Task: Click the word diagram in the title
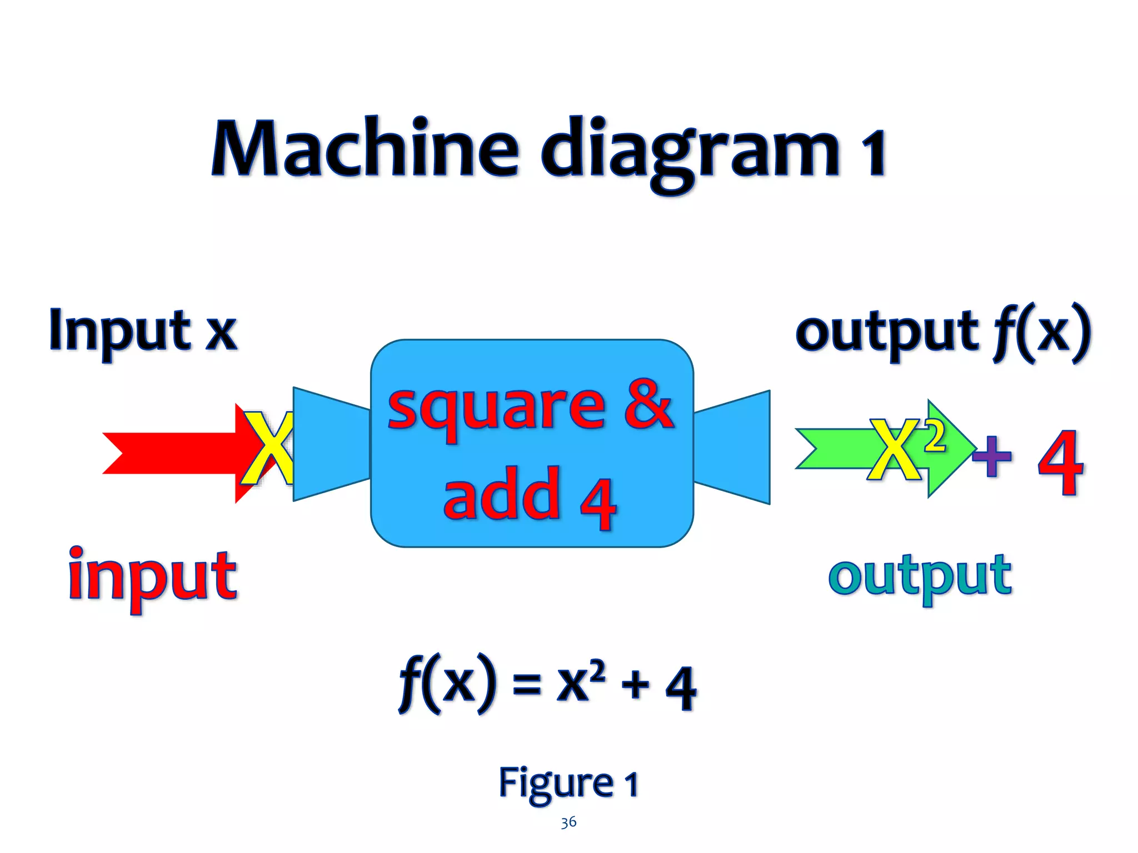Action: [x=689, y=150]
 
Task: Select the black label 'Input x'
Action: [x=143, y=331]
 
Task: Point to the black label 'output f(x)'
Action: [x=943, y=333]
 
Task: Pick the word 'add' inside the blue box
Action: [x=502, y=493]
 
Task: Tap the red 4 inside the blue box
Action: [x=598, y=501]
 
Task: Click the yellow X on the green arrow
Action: [x=895, y=450]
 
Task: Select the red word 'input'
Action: [x=152, y=578]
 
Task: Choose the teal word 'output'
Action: [x=920, y=578]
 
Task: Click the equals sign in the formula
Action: [x=526, y=684]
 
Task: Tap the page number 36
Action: [x=568, y=822]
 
